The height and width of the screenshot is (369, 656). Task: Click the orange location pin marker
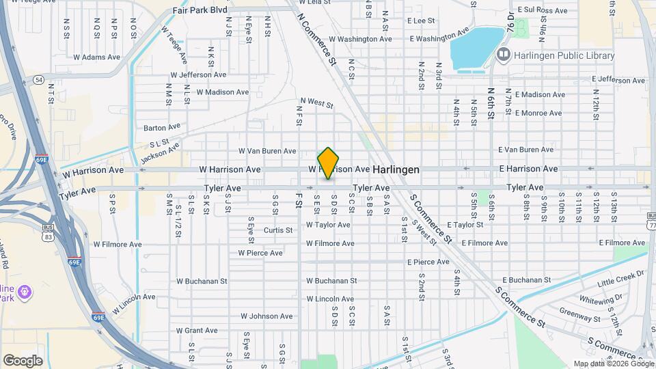click(328, 163)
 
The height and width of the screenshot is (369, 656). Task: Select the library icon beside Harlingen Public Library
click(504, 53)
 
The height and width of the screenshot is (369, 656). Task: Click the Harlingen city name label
click(396, 169)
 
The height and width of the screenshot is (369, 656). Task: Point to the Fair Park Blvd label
click(200, 10)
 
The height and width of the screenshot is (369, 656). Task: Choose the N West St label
click(315, 105)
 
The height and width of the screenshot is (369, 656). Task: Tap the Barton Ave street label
click(162, 127)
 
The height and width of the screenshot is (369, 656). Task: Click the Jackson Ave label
click(159, 152)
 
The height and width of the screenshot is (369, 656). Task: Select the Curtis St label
click(278, 230)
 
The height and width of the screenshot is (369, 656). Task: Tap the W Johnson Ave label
click(266, 316)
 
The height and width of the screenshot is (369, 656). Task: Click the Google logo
click(23, 360)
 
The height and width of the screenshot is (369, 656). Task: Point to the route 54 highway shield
click(38, 80)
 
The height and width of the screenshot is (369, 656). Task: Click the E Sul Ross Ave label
click(543, 10)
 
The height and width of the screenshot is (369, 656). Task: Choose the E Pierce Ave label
click(428, 262)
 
